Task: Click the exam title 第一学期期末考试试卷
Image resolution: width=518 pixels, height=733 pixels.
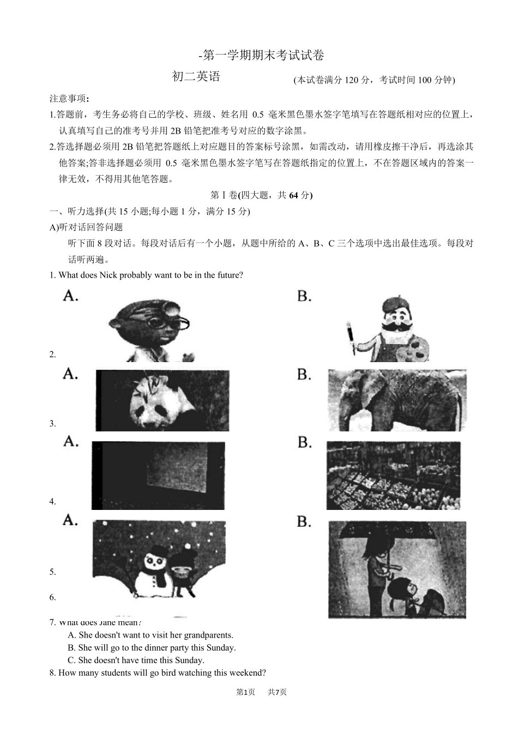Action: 262,55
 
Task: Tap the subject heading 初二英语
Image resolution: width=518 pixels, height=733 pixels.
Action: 196,77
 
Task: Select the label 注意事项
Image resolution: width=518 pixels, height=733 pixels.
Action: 69,99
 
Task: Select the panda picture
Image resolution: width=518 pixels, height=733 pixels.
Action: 162,401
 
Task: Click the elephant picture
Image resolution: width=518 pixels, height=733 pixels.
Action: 397,401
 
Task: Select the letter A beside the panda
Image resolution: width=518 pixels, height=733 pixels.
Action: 70,374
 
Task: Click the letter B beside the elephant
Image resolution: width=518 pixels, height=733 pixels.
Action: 304,375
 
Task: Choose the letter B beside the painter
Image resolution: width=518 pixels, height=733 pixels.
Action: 304,296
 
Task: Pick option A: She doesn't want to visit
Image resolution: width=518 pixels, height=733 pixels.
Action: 150,635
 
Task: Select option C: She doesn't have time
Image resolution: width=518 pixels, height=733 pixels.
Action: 136,660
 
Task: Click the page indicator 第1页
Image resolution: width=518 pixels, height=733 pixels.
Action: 245,692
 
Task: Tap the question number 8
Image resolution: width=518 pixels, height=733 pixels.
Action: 52,673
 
